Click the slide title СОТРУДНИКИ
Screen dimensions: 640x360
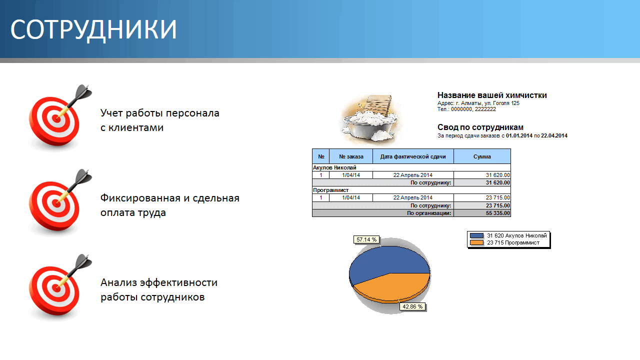(x=93, y=29)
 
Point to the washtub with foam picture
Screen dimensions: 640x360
(x=370, y=120)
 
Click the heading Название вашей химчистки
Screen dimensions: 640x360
(x=492, y=95)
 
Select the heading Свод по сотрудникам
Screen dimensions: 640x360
(x=480, y=127)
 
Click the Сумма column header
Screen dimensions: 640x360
(x=482, y=156)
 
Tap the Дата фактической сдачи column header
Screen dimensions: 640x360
(x=413, y=156)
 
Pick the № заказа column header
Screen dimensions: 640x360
(x=351, y=156)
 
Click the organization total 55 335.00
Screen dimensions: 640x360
(x=497, y=213)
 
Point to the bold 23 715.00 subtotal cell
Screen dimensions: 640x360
(x=497, y=205)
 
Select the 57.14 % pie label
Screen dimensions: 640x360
(x=366, y=239)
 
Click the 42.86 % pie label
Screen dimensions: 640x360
(x=412, y=306)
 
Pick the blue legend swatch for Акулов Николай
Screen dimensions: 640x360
(x=477, y=235)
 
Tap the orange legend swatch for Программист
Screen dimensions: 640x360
(x=477, y=242)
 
